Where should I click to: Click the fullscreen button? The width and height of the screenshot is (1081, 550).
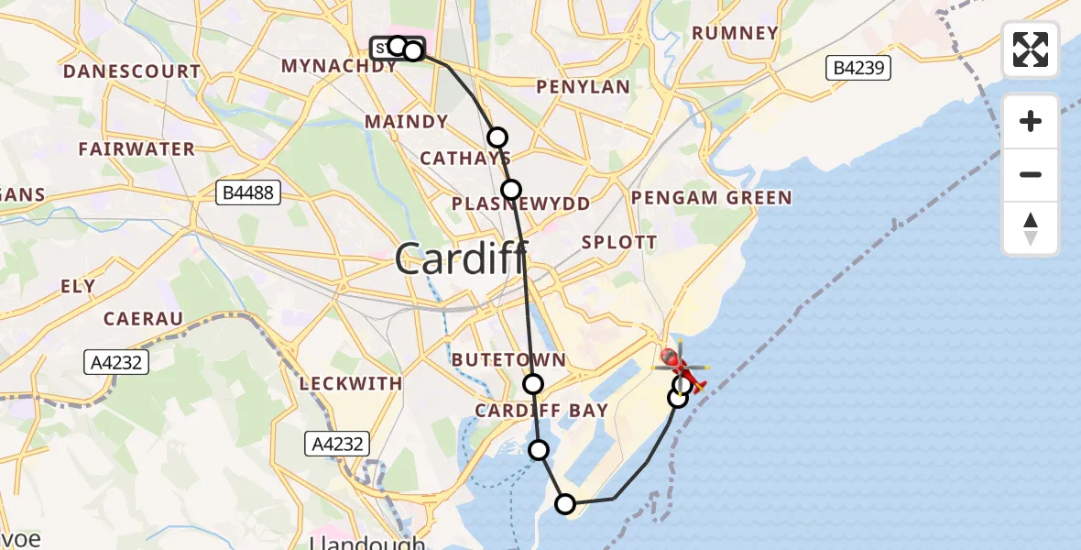1031,49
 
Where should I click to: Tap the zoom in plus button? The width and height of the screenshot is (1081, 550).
1031,121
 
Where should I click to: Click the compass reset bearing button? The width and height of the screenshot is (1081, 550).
1031,228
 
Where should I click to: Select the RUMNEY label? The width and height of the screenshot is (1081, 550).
735,34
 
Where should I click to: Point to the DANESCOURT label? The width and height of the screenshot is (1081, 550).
132,71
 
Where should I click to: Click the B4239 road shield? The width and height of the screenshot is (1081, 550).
857,68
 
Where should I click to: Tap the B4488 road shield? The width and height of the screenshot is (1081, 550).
248,192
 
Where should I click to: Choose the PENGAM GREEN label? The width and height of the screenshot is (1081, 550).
711,198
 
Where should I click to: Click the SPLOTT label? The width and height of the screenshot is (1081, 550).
620,243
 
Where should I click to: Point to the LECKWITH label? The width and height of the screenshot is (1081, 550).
351,383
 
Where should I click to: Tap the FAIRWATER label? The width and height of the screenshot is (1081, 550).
136,148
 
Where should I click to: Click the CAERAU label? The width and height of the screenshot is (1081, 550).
143,318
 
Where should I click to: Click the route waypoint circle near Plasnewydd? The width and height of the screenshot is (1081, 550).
511,190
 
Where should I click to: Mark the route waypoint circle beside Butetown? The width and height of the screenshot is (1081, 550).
532,384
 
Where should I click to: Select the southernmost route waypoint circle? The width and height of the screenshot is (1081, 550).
565,503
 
